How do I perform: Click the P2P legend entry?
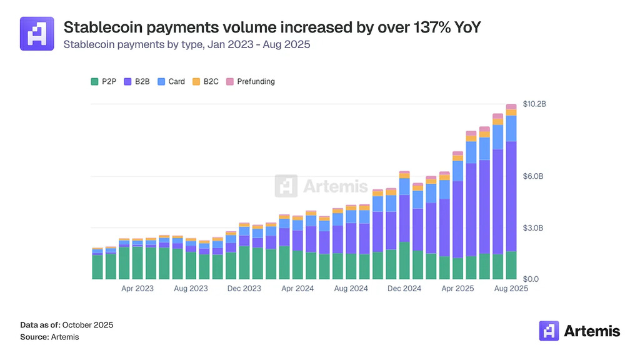(x=105, y=81)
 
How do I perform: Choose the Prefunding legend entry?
(x=250, y=81)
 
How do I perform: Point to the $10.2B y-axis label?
(x=534, y=104)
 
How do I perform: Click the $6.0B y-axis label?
(x=533, y=176)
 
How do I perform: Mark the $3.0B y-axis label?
(x=533, y=227)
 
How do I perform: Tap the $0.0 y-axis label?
(x=531, y=279)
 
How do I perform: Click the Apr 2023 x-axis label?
(x=137, y=289)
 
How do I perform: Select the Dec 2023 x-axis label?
(x=244, y=289)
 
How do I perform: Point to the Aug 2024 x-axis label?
(x=351, y=289)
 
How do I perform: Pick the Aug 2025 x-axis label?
(x=511, y=289)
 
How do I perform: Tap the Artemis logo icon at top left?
(x=37, y=34)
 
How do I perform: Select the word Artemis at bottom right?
(x=591, y=331)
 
